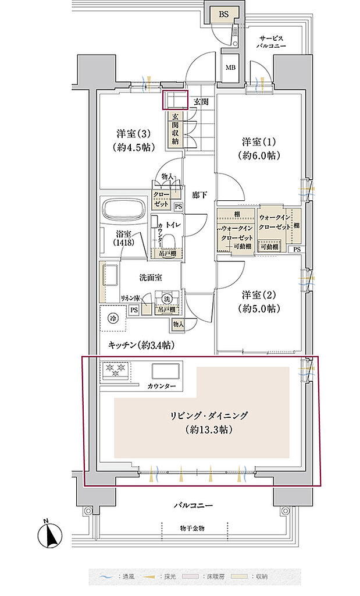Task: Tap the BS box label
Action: [x=224, y=14]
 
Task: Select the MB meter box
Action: [x=230, y=66]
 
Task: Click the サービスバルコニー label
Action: [x=272, y=40]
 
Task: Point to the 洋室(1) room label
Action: [x=260, y=148]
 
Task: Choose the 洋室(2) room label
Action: [x=260, y=301]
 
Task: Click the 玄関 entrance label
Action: [x=201, y=102]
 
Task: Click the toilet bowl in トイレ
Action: [x=169, y=242]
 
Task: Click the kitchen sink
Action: [x=166, y=371]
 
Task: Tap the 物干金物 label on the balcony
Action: [x=192, y=528]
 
